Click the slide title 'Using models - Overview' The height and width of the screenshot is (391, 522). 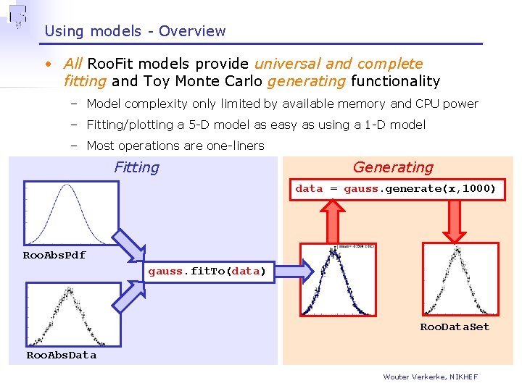click(x=135, y=31)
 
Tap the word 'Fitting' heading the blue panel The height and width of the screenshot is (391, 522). click(x=136, y=167)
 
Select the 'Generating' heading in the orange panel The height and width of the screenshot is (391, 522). click(x=393, y=167)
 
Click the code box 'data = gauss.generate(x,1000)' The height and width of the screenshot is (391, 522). click(x=396, y=189)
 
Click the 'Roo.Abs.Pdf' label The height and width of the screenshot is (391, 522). click(x=54, y=256)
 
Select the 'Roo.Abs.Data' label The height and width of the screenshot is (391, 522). click(x=61, y=355)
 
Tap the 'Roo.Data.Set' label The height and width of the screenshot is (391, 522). click(x=455, y=327)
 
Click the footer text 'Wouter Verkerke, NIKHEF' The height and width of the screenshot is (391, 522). click(x=430, y=377)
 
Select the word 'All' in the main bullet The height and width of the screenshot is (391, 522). click(x=73, y=64)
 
